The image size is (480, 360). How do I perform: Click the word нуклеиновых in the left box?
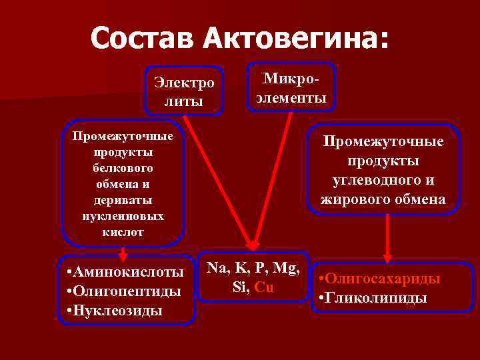(123, 216)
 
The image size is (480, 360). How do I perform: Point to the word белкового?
(123, 168)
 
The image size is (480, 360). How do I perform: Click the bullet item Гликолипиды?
(373, 297)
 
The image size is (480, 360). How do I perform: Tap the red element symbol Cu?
(265, 287)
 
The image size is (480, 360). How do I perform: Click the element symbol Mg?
(287, 269)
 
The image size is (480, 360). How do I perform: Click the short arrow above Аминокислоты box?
(123, 252)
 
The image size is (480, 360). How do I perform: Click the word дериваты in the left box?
(123, 200)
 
